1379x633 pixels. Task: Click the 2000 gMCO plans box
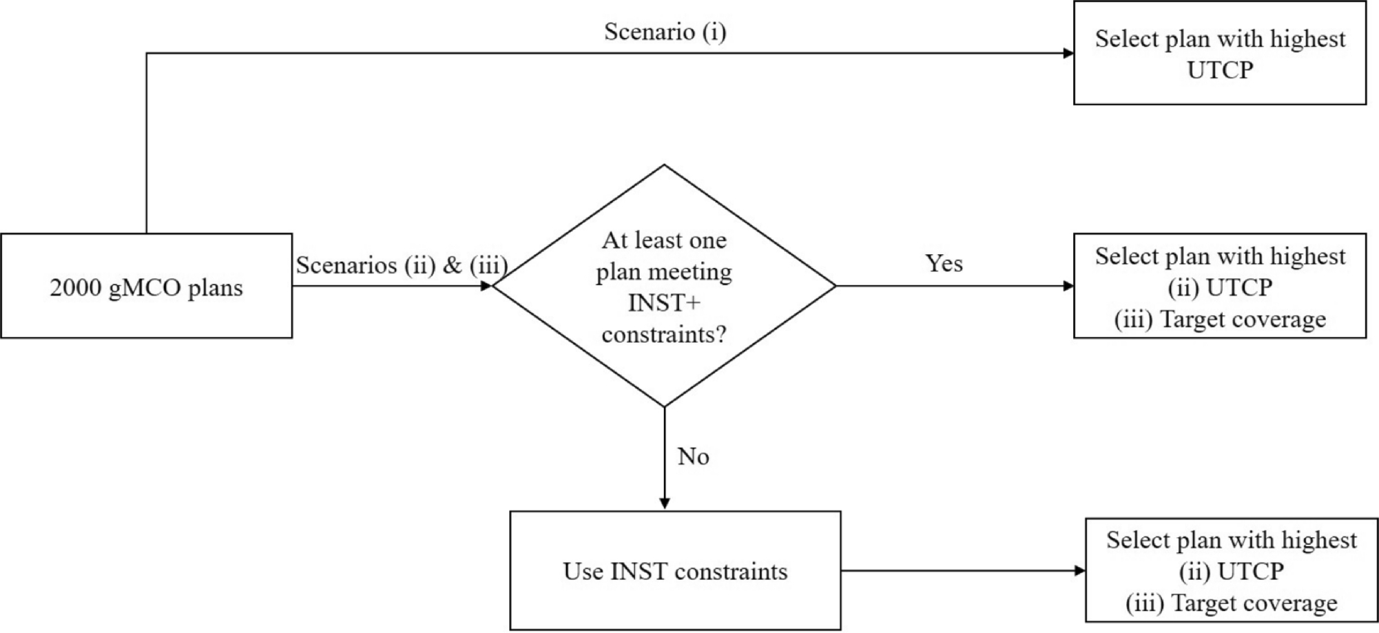coord(146,286)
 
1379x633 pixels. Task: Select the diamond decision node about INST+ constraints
coord(664,286)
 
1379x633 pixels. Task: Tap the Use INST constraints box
coord(675,570)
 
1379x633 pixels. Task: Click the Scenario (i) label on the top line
coord(665,32)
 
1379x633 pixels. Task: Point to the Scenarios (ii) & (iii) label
coord(402,265)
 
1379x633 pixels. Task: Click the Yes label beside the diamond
coord(944,263)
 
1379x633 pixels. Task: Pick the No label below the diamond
coord(693,456)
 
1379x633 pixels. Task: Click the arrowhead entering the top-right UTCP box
coord(1068,53)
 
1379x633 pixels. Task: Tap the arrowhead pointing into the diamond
coord(486,286)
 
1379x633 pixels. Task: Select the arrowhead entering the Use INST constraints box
coord(665,504)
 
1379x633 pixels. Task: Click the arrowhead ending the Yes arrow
coord(1068,286)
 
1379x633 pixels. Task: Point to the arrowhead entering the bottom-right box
coord(1080,570)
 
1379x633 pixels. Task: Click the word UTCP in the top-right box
coord(1220,70)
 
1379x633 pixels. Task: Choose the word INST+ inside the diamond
coord(664,303)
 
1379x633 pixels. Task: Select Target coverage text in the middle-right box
coord(1243,319)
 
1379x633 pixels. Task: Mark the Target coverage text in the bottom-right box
coord(1254,603)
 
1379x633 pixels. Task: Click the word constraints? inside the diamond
coord(664,335)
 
